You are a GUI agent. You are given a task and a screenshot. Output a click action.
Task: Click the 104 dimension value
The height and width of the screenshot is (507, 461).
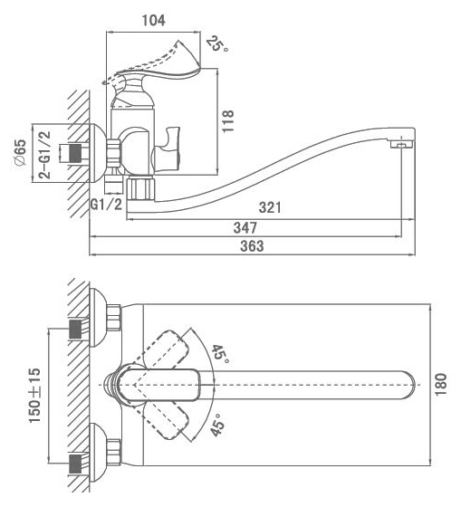pos(154,20)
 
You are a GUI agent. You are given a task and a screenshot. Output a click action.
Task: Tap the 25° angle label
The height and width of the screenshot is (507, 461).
pos(216,44)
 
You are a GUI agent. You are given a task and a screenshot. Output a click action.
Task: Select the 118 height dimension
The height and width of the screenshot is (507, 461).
pos(227,121)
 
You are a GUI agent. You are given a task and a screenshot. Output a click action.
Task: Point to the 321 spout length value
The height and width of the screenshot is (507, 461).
pos(270,207)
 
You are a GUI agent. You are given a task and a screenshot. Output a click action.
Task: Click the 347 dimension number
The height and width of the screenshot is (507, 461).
pos(245,227)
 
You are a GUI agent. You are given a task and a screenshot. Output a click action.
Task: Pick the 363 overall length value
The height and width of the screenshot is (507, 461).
pos(252,246)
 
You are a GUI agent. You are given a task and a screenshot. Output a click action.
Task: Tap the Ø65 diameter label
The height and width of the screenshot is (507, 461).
pos(21,152)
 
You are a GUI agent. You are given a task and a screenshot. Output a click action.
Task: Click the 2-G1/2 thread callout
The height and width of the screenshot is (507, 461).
pos(45,155)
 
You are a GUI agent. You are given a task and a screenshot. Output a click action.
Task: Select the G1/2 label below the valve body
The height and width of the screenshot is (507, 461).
pos(107,205)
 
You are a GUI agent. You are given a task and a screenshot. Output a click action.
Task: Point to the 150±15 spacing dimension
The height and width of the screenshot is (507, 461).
pos(35,395)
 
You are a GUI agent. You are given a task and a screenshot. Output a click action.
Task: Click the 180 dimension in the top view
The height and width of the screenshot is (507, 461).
pos(440,384)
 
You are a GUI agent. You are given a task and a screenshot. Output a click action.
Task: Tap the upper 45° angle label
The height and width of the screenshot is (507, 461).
pos(220,354)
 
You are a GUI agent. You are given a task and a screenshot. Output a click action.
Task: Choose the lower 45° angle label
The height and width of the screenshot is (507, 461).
pos(218,425)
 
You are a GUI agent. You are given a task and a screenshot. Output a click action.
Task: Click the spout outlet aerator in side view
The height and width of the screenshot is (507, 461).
pos(402,144)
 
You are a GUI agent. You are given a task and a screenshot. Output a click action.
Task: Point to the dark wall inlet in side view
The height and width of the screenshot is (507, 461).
pos(75,154)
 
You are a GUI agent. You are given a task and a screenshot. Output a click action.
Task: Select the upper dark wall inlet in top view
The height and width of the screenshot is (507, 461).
pos(75,330)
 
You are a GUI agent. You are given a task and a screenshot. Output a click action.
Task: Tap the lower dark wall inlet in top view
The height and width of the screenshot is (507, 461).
pos(75,464)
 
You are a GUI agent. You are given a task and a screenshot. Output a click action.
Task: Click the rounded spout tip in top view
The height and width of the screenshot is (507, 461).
pos(408,385)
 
